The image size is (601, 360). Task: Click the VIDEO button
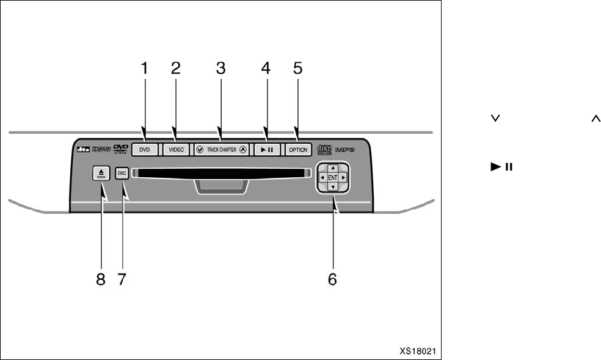tap(177, 150)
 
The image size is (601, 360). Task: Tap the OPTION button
tap(298, 150)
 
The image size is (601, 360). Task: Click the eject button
tap(101, 174)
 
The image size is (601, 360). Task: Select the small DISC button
tap(122, 173)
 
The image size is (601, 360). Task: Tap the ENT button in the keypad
tap(332, 177)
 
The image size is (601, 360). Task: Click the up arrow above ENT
tap(332, 167)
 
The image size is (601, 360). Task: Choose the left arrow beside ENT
tap(321, 177)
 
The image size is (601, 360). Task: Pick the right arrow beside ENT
tap(344, 177)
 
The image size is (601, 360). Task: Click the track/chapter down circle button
tap(200, 150)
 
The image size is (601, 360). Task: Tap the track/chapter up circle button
tap(243, 150)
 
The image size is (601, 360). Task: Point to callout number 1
tap(145, 68)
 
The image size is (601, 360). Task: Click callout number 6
tap(332, 279)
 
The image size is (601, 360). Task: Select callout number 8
tap(101, 279)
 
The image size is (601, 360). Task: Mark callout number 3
tap(221, 68)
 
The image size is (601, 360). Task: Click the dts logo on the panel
tap(83, 149)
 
